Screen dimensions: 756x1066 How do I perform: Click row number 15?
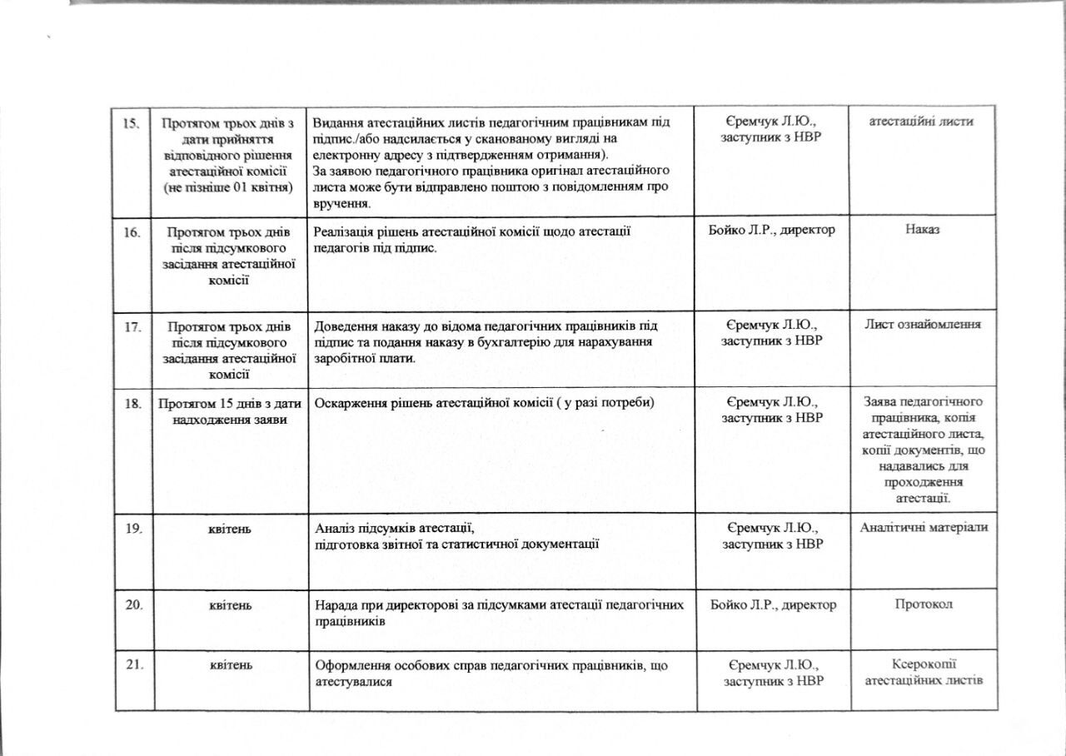click(131, 123)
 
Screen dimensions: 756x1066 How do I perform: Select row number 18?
click(132, 404)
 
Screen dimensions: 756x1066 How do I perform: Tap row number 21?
click(132, 664)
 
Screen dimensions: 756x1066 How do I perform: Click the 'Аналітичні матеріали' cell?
click(924, 528)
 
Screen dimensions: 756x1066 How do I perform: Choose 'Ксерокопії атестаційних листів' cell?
click(924, 672)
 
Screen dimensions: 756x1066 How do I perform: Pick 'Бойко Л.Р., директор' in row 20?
click(772, 604)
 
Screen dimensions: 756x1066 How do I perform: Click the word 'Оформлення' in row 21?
click(350, 665)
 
